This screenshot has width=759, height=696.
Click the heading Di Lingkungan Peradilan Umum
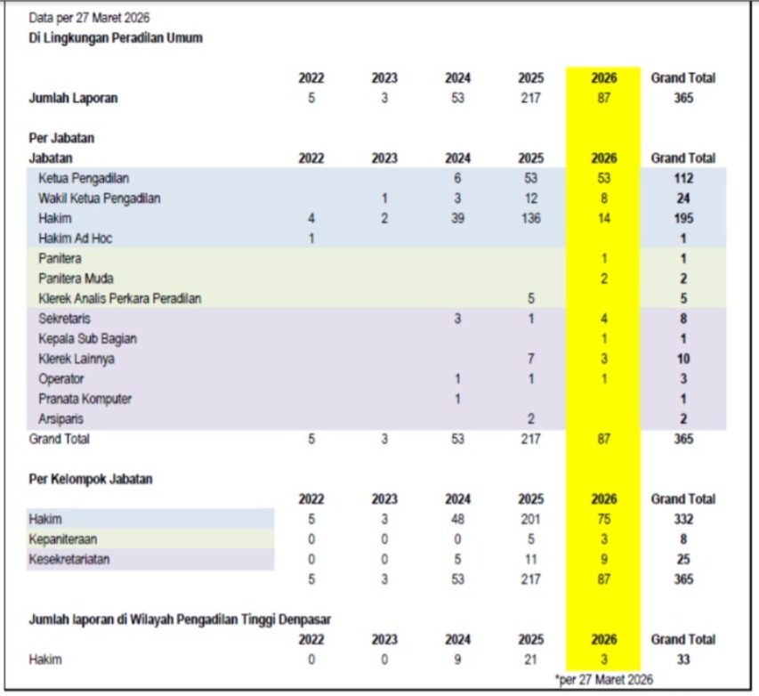coord(116,38)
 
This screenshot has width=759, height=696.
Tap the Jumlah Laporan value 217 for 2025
coord(530,98)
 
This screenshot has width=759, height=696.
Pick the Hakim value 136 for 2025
coord(530,218)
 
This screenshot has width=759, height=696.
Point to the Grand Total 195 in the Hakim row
coord(682,218)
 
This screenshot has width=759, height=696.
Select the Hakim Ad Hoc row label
coord(76,239)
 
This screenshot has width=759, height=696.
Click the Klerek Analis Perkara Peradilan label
coord(119,298)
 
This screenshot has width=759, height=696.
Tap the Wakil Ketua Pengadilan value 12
coord(530,198)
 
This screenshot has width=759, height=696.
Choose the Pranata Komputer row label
coord(85,399)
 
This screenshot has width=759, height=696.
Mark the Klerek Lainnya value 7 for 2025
coord(530,359)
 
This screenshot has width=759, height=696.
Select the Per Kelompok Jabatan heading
coord(91,479)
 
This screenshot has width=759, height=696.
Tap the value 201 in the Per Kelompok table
coord(530,519)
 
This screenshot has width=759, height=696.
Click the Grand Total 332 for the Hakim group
coord(682,519)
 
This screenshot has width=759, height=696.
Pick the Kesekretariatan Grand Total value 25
coord(682,559)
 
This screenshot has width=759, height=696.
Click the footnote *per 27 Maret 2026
coord(604,680)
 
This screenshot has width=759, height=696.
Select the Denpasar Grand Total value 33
coord(682,660)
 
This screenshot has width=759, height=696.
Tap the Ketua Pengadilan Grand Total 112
coord(682,178)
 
